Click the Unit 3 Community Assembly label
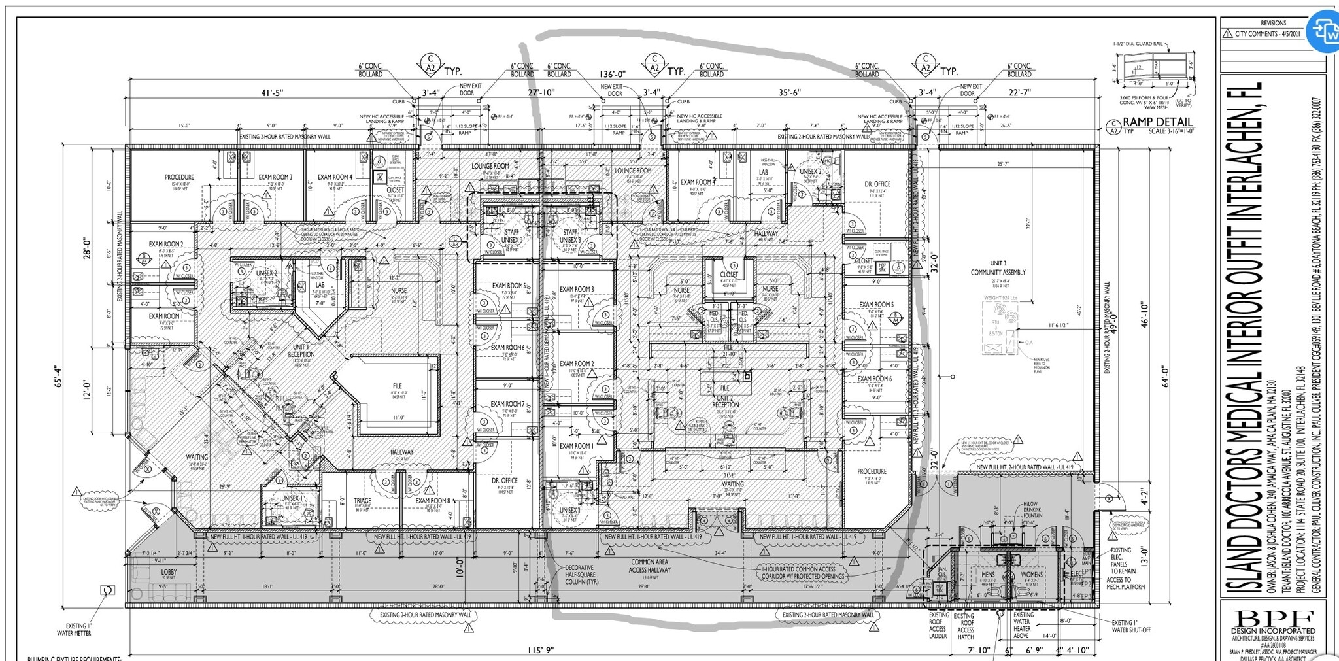pos(998,268)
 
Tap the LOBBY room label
pos(169,571)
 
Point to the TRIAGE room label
pos(362,501)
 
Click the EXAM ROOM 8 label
pos(433,501)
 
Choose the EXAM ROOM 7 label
pos(507,405)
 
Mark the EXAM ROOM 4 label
pos(335,177)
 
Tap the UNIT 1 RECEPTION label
pos(301,350)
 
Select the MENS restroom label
pos(988,575)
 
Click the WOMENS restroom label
pos(1032,575)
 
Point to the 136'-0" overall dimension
pos(613,75)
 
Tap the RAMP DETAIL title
pos(1158,122)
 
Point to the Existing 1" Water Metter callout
pos(78,629)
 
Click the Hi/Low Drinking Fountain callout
pos(1033,509)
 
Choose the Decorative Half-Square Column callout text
pos(579,575)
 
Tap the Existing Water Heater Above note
pos(1023,625)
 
